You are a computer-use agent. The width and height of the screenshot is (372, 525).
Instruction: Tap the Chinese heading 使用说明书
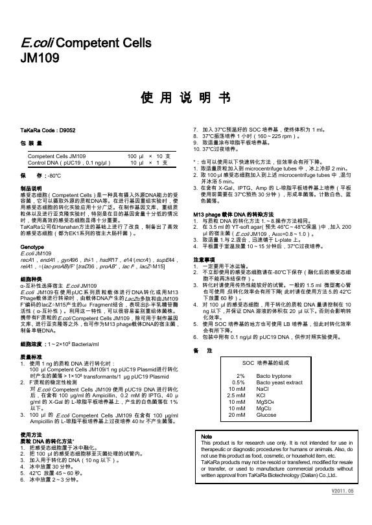click(185, 97)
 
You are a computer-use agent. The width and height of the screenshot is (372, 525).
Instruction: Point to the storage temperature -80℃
click(54, 176)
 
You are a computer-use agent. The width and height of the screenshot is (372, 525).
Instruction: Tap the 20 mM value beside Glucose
click(237, 397)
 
